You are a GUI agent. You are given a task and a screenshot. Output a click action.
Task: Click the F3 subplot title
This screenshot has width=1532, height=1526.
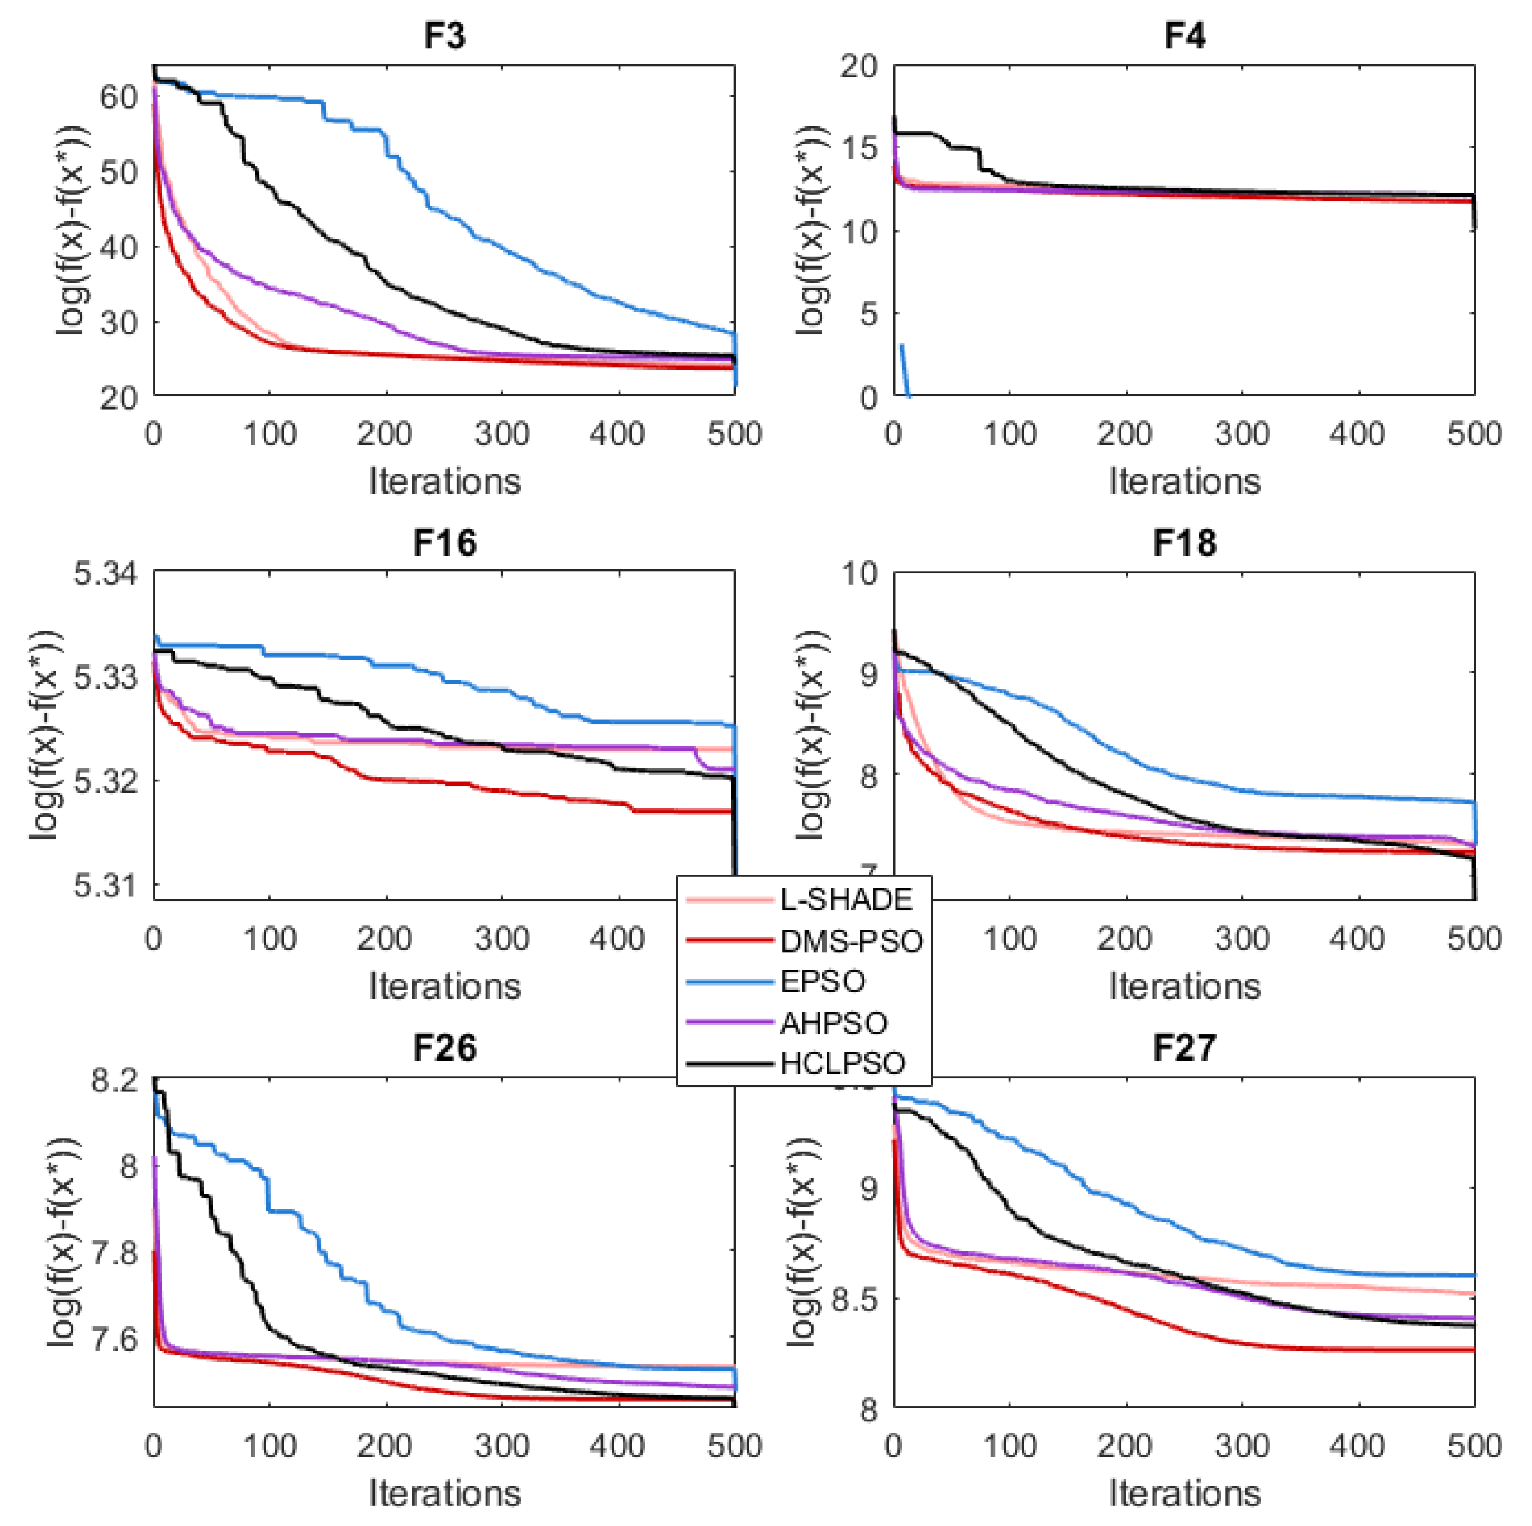444,37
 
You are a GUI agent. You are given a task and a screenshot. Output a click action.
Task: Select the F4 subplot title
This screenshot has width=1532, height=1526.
1184,37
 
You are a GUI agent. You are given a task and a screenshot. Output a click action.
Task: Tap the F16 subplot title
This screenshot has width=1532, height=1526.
444,543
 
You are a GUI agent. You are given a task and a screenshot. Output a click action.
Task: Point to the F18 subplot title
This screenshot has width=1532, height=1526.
1184,543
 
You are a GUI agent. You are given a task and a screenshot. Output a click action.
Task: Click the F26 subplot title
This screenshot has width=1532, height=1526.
444,1048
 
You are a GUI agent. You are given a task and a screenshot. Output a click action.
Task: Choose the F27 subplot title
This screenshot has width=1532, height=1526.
1184,1048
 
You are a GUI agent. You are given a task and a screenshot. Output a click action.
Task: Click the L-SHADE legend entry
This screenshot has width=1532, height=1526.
846,899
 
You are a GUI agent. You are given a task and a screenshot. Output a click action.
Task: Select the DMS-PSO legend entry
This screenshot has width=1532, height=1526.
851,941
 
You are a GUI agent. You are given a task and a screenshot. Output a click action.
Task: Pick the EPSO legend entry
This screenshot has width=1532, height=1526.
822,982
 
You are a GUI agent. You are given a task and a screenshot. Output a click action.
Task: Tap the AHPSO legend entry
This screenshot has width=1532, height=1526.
834,1023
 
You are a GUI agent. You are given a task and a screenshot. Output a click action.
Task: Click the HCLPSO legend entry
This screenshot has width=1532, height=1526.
842,1063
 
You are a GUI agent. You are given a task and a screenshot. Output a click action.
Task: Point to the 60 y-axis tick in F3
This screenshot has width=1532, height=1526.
119,97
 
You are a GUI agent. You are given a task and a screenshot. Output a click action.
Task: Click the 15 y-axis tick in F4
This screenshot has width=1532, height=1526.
860,148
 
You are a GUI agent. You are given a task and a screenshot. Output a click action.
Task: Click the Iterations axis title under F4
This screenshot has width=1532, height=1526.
1184,481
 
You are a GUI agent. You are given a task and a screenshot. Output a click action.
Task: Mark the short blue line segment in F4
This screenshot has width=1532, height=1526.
905,370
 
